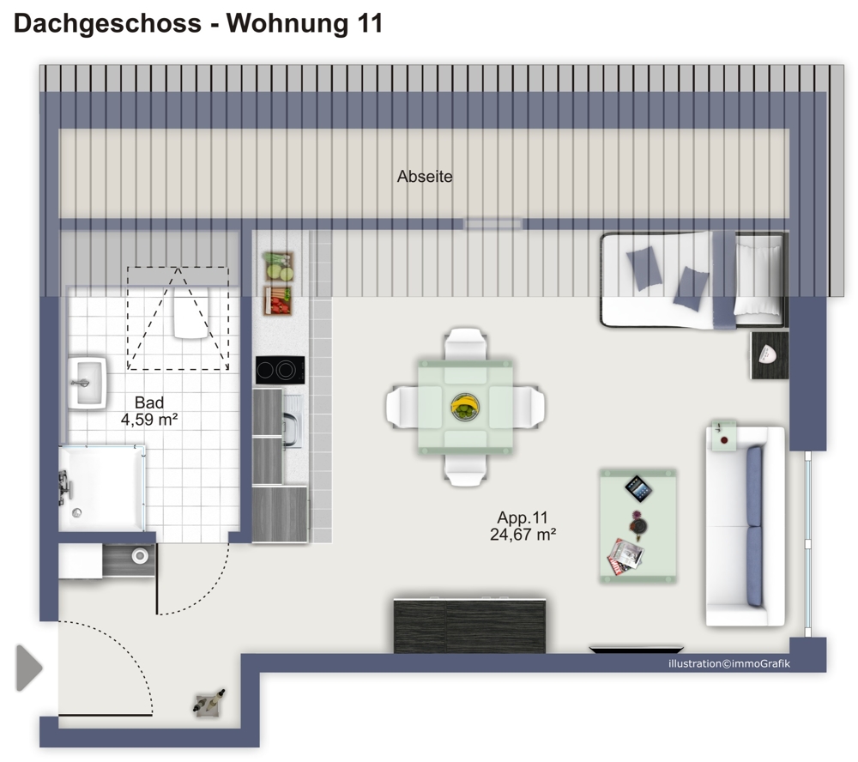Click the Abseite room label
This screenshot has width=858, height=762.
(x=425, y=176)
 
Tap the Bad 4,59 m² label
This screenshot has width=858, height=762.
(x=149, y=411)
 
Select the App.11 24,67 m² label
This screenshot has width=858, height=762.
(x=523, y=526)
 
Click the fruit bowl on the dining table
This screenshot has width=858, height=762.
(x=465, y=407)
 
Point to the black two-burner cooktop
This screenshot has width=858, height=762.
(x=281, y=370)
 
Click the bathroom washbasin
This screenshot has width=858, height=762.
(x=87, y=383)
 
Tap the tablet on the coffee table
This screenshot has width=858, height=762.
(x=638, y=488)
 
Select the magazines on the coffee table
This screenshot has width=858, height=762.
(x=625, y=557)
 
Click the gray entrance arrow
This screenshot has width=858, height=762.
(x=29, y=668)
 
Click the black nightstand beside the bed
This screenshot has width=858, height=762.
(x=770, y=355)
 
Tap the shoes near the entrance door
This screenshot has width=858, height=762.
(x=209, y=702)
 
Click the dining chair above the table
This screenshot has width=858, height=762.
(x=466, y=344)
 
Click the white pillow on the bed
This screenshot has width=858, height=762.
(x=758, y=280)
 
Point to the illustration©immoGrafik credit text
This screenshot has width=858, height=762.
(x=729, y=664)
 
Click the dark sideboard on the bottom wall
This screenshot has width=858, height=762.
(x=469, y=626)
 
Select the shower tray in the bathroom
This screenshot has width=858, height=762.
(x=102, y=488)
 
